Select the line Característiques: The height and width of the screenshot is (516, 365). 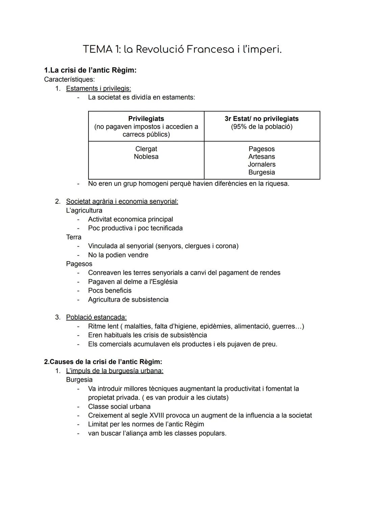click(x=69, y=80)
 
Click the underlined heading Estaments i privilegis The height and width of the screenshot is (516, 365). click(x=98, y=88)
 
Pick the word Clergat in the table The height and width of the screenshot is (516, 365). click(x=146, y=149)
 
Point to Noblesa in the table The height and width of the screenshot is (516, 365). click(x=146, y=157)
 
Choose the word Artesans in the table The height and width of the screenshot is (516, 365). click(x=262, y=157)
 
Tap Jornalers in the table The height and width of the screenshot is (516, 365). click(x=262, y=164)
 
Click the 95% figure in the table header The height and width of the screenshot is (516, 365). click(x=239, y=127)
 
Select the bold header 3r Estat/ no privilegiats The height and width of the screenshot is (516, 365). click(x=262, y=119)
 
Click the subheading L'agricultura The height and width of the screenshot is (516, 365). click(x=84, y=210)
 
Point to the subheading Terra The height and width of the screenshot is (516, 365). click(x=74, y=237)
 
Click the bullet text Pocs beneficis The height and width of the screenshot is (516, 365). click(x=109, y=291)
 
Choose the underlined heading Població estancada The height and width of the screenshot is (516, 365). click(x=96, y=317)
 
